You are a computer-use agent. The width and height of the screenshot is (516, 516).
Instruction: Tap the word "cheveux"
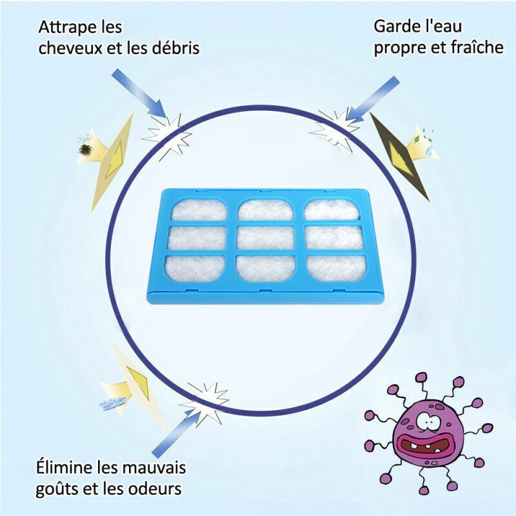pos(70,48)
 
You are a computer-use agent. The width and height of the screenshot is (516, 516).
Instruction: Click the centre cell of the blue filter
pos(265,237)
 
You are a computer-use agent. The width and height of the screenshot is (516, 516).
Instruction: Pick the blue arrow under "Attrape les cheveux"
pos(140,93)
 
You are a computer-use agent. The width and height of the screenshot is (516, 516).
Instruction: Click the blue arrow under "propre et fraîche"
pos(373,98)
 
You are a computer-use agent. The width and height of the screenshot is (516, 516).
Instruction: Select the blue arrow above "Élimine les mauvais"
pos(177,433)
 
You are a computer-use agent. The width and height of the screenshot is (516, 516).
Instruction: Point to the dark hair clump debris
pos(86,150)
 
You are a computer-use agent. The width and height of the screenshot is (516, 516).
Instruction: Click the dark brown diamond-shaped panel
pos(400,155)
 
